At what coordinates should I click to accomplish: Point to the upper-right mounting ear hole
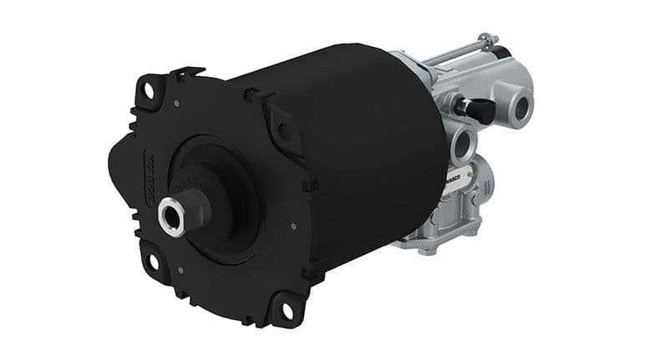[285, 131]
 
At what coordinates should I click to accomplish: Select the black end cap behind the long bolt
[502, 52]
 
